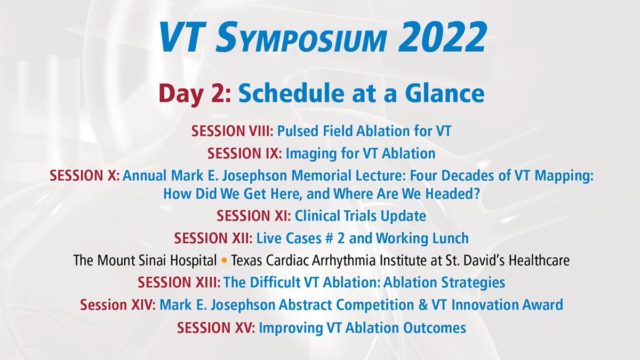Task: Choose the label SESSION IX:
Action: tap(245, 154)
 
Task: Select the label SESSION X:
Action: tap(84, 176)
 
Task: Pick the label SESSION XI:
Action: tap(253, 216)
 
